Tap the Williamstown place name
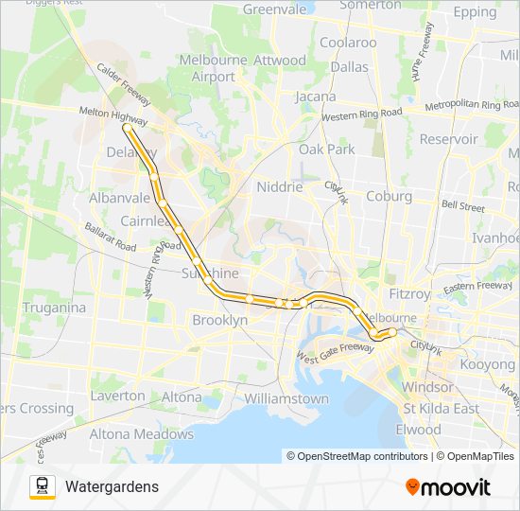286,398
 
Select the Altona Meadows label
141,434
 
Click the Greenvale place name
275,9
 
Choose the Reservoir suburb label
448,139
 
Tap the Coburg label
389,197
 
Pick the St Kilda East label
441,409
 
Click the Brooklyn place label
219,321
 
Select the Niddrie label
280,187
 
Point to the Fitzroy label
408,294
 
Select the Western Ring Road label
362,115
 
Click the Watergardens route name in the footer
112,486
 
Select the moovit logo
448,487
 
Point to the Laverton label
118,396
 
